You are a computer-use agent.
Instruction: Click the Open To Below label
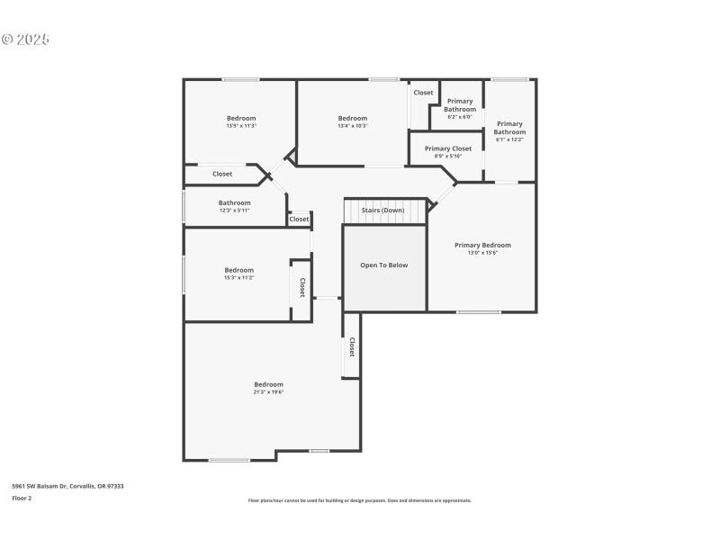tap(384, 265)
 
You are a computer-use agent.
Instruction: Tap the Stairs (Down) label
tap(382, 210)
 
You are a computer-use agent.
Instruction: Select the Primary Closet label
tap(448, 148)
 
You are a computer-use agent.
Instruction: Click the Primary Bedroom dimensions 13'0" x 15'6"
tap(482, 253)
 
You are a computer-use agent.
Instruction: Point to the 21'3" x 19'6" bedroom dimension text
tap(268, 392)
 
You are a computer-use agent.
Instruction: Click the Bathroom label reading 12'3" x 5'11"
tap(235, 207)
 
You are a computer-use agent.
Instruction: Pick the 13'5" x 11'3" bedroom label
tap(241, 122)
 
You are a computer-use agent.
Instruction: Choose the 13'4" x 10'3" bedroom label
tap(353, 122)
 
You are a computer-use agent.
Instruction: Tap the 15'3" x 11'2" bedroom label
tap(239, 274)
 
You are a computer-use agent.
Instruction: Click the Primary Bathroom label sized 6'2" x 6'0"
tap(460, 109)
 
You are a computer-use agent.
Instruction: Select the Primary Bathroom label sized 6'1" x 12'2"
tap(509, 131)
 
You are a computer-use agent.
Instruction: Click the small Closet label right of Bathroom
tap(299, 219)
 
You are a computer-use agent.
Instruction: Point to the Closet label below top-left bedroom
tap(222, 174)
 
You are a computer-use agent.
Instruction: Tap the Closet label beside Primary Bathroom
tap(423, 93)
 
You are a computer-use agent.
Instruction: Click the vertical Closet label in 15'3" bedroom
tap(302, 287)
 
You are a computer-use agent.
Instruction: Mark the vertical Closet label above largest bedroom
tap(351, 346)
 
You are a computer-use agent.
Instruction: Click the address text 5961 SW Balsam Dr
tap(67, 486)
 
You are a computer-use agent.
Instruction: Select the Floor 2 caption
tap(22, 498)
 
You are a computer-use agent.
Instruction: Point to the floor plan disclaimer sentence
tap(360, 500)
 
